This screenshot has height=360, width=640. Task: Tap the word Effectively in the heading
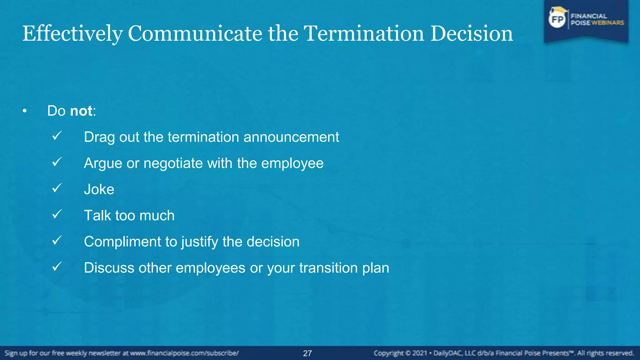pos(72,33)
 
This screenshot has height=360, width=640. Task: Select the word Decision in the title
pos(472,33)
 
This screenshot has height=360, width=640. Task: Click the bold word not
pos(81,111)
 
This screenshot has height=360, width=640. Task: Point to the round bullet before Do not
pos(25,111)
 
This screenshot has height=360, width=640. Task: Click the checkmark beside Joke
pos(57,188)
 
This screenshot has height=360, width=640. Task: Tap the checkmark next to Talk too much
pos(57,214)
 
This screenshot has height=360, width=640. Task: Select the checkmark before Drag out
pos(57,136)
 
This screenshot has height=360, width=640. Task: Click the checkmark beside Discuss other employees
pos(57,267)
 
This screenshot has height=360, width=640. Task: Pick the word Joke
pos(99,189)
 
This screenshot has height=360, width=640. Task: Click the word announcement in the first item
pos(291,137)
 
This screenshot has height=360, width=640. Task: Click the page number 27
pos(307,353)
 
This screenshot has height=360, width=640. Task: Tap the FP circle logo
pos(557,20)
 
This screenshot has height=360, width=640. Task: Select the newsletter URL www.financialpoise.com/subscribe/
pos(184,353)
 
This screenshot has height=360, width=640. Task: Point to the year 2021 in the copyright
pos(420,353)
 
